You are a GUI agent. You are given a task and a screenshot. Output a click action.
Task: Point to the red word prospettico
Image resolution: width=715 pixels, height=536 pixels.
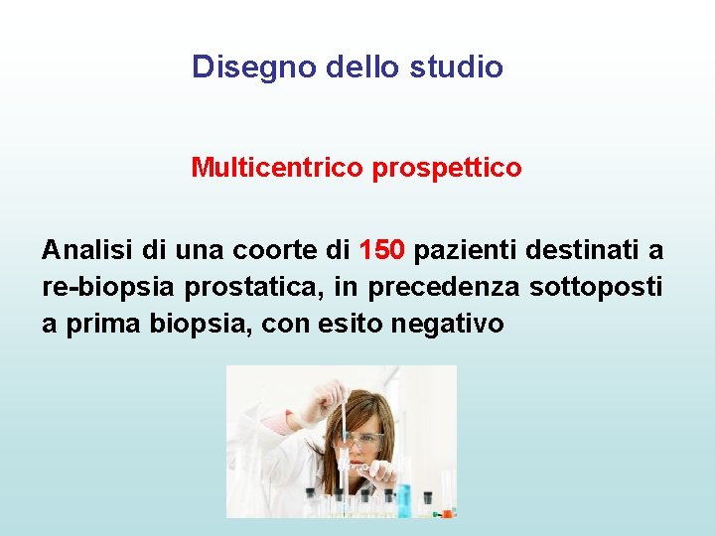coord(447,168)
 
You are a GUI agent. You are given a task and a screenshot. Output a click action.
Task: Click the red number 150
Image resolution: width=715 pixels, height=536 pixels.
coord(382,249)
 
